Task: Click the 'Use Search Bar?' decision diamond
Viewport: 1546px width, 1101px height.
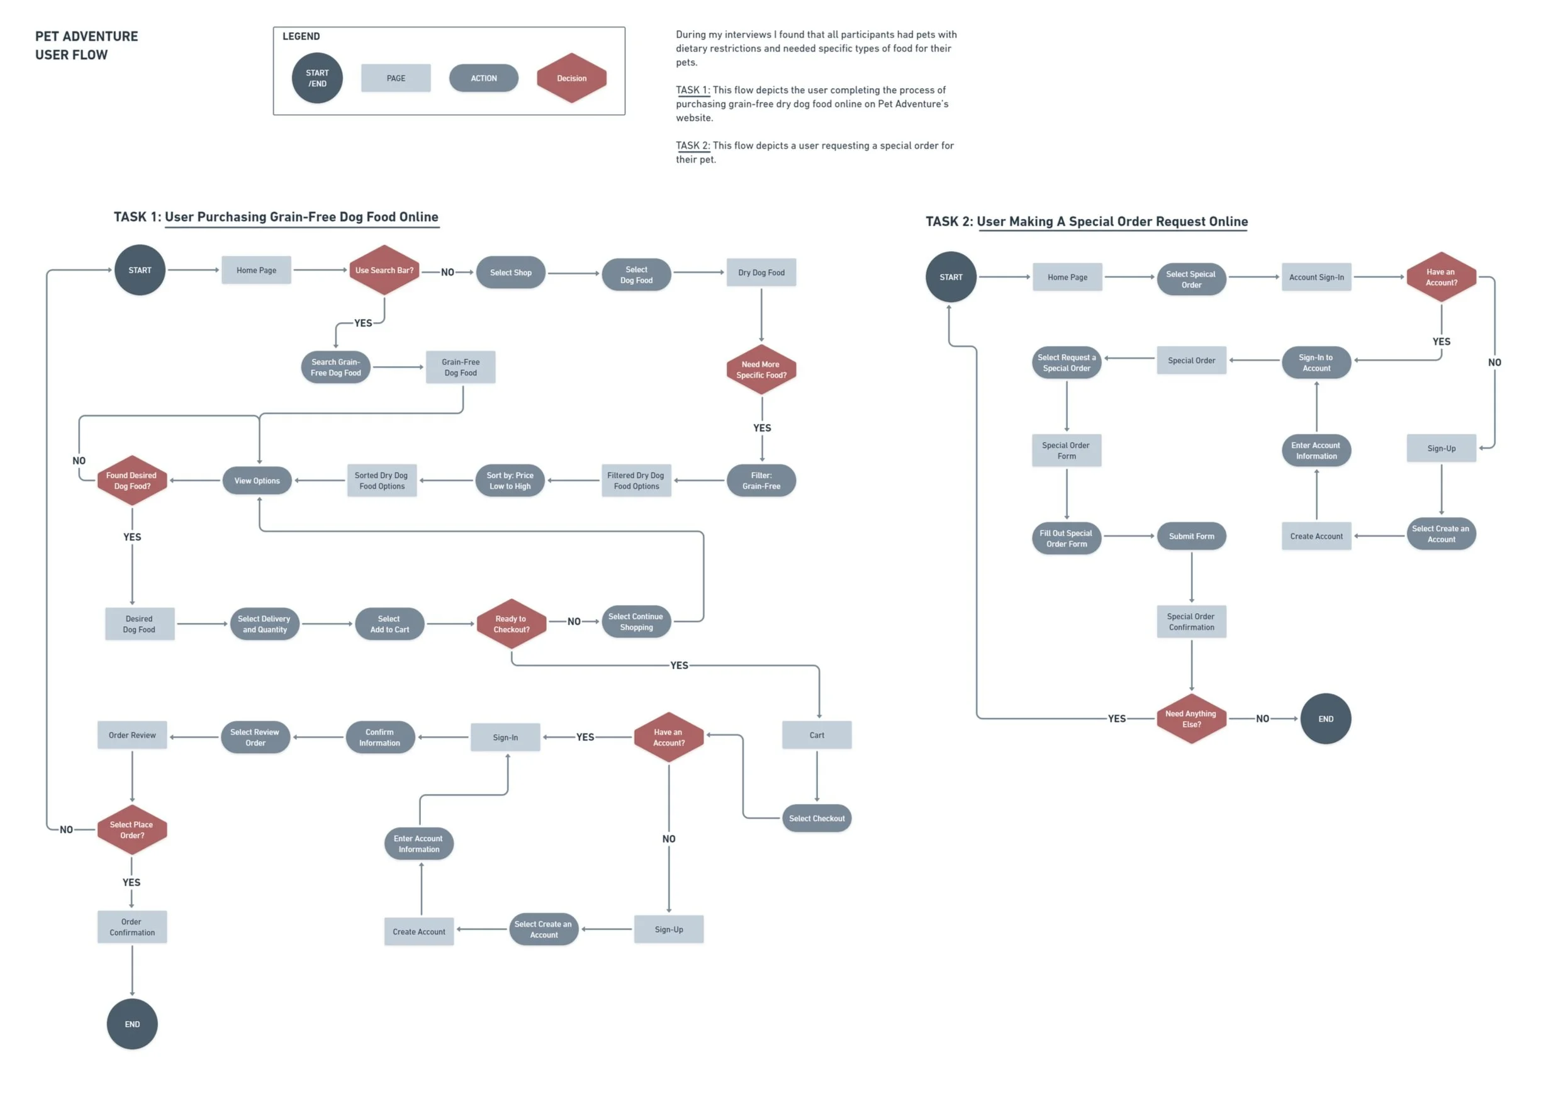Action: pos(384,270)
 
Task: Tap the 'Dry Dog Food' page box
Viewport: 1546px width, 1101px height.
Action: pos(761,272)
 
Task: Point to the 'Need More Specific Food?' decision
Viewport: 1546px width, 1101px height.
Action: pos(761,369)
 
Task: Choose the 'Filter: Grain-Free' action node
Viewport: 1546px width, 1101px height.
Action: pos(761,481)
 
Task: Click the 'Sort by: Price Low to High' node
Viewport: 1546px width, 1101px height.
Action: pos(510,481)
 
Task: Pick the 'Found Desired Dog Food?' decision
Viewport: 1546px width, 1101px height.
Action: pos(132,481)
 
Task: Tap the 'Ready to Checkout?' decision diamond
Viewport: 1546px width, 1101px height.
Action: pos(512,623)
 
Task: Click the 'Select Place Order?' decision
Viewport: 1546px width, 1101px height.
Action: pos(132,830)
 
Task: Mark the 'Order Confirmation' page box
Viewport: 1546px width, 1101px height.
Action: pos(132,927)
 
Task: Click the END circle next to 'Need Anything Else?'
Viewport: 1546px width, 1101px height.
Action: pos(1326,718)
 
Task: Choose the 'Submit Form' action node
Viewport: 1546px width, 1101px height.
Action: pos(1191,536)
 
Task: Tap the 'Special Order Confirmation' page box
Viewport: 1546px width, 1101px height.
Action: pos(1191,622)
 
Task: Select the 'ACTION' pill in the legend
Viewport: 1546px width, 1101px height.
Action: pos(483,78)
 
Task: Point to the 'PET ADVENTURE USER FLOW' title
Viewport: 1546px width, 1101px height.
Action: pos(86,45)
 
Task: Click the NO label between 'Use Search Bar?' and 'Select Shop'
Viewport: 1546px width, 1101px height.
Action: pos(447,272)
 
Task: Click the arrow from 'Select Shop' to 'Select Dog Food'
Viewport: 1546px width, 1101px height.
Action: pos(574,273)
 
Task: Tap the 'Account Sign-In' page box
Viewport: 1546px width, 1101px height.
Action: pos(1316,277)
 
